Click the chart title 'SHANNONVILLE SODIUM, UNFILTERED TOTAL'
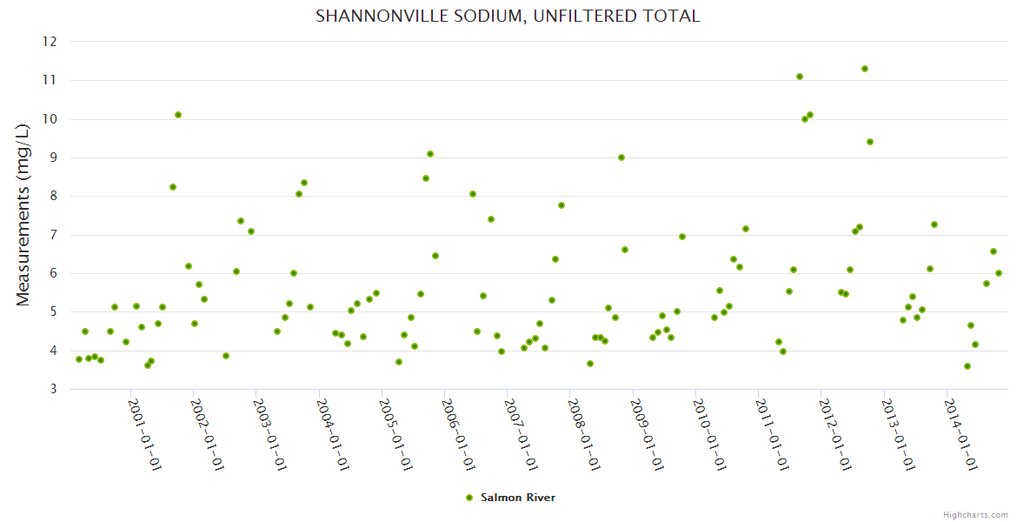508,16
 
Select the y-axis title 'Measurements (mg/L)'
23,214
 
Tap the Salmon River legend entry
511,498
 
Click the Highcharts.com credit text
975,514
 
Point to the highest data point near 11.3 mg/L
865,69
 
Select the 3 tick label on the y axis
53,390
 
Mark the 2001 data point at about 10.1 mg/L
178,115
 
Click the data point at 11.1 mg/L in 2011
800,77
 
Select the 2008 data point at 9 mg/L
621,157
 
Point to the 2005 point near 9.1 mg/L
430,154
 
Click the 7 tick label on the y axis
53,235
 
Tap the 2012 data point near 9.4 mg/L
870,142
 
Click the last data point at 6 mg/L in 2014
999,273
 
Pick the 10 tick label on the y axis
50,119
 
